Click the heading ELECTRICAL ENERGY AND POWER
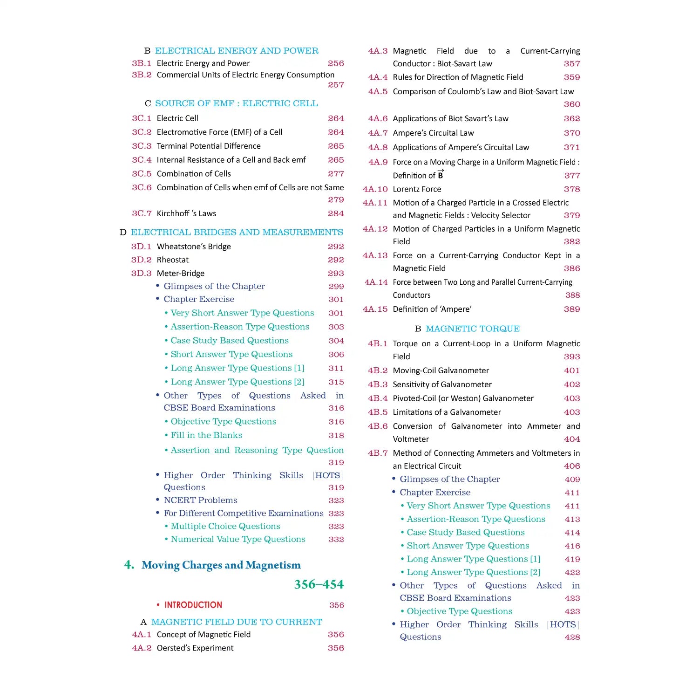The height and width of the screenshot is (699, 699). (x=237, y=51)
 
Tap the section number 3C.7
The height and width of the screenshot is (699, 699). (x=142, y=213)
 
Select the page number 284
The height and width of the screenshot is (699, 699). (x=336, y=213)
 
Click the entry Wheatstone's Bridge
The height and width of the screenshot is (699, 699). (x=194, y=247)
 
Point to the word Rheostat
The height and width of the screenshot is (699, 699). (x=173, y=260)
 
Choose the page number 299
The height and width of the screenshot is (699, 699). (x=336, y=287)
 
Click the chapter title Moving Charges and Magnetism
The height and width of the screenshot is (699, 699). (x=221, y=565)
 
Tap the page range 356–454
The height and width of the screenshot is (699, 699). (x=319, y=584)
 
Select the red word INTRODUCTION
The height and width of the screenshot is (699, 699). (x=193, y=605)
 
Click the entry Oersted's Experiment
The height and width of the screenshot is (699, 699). (x=195, y=648)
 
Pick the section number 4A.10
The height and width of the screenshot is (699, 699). (x=375, y=189)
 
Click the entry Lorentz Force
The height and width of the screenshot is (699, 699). (x=417, y=189)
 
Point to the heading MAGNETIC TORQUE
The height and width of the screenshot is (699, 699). (x=473, y=329)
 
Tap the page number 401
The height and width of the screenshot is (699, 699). (x=572, y=371)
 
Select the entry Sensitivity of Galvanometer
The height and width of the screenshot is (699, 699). (x=442, y=384)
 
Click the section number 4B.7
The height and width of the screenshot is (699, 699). (x=378, y=453)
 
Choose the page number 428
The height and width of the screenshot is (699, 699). (x=572, y=637)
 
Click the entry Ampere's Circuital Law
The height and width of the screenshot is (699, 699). (x=433, y=133)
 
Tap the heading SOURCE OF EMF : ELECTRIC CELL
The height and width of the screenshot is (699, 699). (x=237, y=103)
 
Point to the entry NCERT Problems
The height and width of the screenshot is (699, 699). (x=200, y=500)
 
